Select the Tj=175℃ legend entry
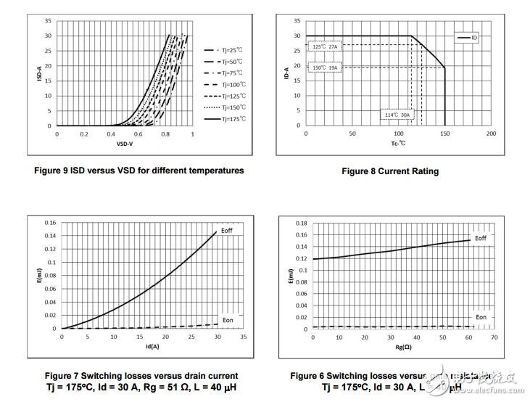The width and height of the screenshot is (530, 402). pos(232,118)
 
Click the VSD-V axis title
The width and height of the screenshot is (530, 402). pos(123,144)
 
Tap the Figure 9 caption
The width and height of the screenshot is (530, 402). pos(139,171)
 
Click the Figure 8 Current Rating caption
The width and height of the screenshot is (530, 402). pos(390,171)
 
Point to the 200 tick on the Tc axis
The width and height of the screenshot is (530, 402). pos(491,134)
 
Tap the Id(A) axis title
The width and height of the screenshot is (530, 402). pos(152,345)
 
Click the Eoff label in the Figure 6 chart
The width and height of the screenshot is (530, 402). pos(481,237)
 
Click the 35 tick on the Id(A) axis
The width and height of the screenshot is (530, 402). pos(242,337)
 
